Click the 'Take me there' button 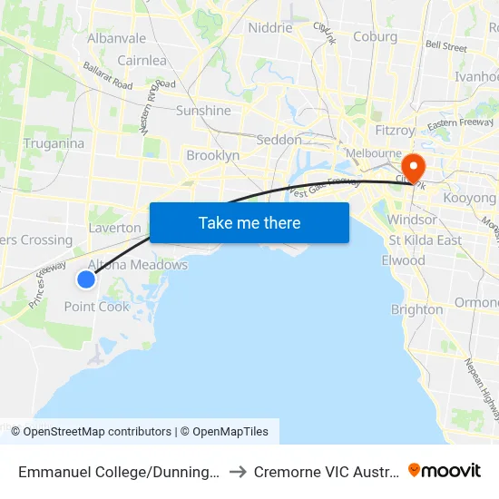pos(249,222)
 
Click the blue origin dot pos(86,279)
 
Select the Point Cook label pos(97,307)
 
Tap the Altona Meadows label pos(138,265)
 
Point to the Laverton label pos(114,228)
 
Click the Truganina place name pos(54,143)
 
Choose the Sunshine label pos(203,111)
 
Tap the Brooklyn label pos(212,155)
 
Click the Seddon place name pos(279,140)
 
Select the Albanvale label pos(116,39)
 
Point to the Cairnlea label pos(141,61)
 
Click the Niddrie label pos(270,27)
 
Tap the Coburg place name pos(375,37)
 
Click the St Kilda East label pos(425,240)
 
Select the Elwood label pos(403,260)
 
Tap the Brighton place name pos(416,309)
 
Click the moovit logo pos(445,471)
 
